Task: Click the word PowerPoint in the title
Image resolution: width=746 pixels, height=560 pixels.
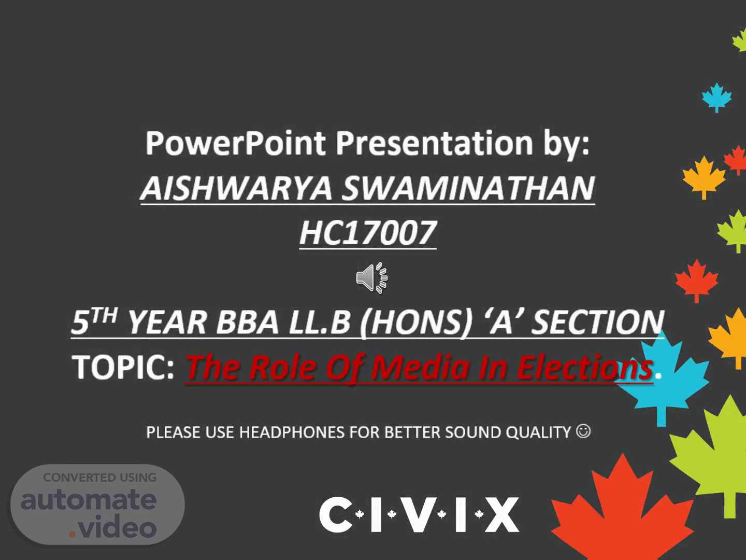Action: pyautogui.click(x=236, y=143)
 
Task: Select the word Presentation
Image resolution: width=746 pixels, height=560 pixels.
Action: pyautogui.click(x=434, y=143)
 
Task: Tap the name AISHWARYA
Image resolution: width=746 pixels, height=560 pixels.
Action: pyautogui.click(x=236, y=188)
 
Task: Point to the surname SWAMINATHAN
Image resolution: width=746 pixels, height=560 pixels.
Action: pyautogui.click(x=468, y=188)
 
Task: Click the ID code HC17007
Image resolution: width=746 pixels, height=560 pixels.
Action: pyautogui.click(x=368, y=233)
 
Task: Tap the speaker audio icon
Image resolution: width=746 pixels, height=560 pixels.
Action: pyautogui.click(x=372, y=278)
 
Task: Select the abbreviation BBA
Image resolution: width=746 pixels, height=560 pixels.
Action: pyautogui.click(x=248, y=322)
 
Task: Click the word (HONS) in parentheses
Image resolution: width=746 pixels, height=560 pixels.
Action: pyautogui.click(x=416, y=323)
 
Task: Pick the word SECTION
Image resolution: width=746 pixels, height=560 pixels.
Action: pyautogui.click(x=597, y=322)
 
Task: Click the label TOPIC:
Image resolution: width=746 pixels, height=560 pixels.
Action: pyautogui.click(x=123, y=367)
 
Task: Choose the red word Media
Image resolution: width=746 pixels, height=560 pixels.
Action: pyautogui.click(x=420, y=367)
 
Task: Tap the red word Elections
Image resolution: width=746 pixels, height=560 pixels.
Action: pyautogui.click(x=584, y=367)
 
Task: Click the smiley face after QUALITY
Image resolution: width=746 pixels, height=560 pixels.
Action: pyautogui.click(x=583, y=431)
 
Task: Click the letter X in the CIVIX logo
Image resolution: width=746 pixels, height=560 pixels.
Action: pyautogui.click(x=502, y=514)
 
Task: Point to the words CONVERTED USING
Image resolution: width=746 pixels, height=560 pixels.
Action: pyautogui.click(x=100, y=478)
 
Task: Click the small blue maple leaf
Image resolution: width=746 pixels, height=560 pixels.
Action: pyautogui.click(x=717, y=97)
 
